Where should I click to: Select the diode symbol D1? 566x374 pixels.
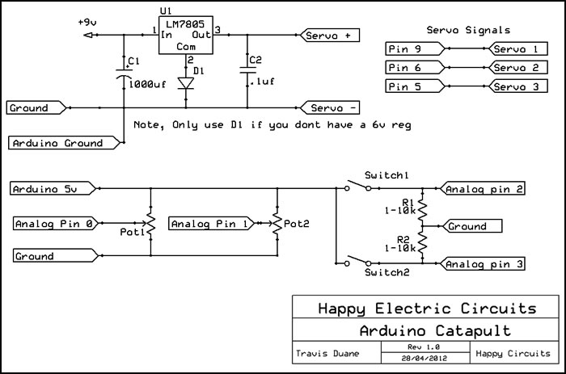(188, 82)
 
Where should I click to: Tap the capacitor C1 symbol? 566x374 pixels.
(123, 75)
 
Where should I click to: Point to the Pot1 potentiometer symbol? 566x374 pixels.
(150, 222)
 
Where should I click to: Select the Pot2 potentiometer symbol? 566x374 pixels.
(277, 222)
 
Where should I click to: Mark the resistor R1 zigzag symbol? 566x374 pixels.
(421, 208)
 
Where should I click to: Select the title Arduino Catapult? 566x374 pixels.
(426, 332)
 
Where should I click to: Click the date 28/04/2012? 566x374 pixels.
(425, 357)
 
